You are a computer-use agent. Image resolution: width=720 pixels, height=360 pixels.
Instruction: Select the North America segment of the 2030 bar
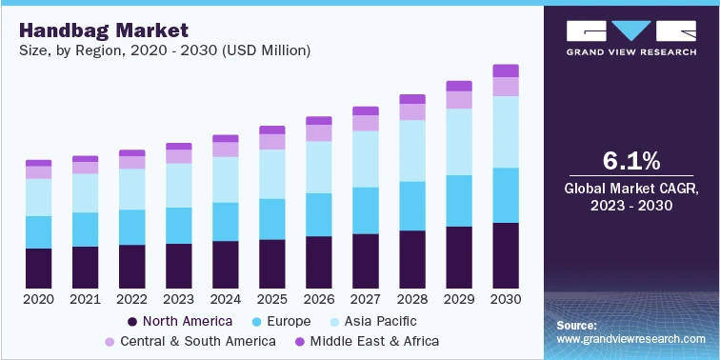(505, 255)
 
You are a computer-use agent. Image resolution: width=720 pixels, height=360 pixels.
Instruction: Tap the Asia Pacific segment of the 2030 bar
(505, 131)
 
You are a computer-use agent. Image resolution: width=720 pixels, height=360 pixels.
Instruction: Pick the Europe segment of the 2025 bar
(271, 219)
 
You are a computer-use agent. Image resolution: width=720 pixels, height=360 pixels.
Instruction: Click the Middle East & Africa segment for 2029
(459, 86)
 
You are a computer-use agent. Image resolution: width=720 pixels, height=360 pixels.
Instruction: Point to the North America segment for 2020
(39, 268)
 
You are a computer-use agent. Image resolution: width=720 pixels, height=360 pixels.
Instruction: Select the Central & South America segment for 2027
(365, 123)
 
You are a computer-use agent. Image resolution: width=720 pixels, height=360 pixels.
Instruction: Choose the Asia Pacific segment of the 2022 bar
(131, 189)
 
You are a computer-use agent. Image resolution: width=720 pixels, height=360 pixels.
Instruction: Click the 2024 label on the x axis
(225, 300)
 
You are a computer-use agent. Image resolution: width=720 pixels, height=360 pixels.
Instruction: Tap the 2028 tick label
(411, 300)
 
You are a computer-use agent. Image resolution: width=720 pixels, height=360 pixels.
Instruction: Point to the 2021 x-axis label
(85, 300)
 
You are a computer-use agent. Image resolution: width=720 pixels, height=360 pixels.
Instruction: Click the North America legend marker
(133, 321)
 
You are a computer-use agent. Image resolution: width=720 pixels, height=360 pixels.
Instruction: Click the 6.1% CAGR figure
(630, 159)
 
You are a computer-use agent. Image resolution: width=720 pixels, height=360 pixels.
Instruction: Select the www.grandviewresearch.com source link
(630, 339)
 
